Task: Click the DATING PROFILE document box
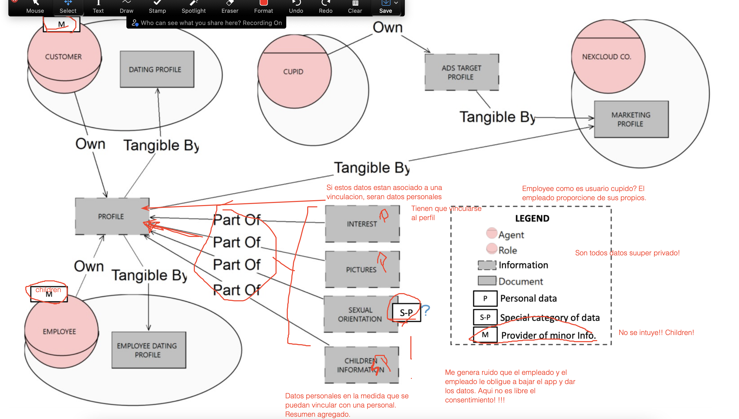click(157, 69)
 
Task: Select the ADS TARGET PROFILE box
click(462, 72)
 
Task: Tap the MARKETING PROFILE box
click(631, 119)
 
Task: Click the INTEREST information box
click(362, 224)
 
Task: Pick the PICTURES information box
click(362, 269)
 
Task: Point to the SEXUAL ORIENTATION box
click(360, 314)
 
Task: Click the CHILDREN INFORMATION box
click(361, 365)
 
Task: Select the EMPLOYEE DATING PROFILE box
click(149, 350)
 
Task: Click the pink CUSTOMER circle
click(64, 57)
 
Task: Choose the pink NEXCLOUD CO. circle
click(607, 57)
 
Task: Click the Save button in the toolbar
click(385, 7)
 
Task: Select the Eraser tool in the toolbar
click(230, 7)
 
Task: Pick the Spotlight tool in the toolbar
click(193, 7)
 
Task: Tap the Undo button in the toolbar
click(296, 7)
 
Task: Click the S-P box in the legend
click(485, 317)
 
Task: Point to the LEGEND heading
click(532, 218)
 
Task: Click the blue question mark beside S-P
click(426, 310)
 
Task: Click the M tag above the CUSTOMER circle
click(61, 24)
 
